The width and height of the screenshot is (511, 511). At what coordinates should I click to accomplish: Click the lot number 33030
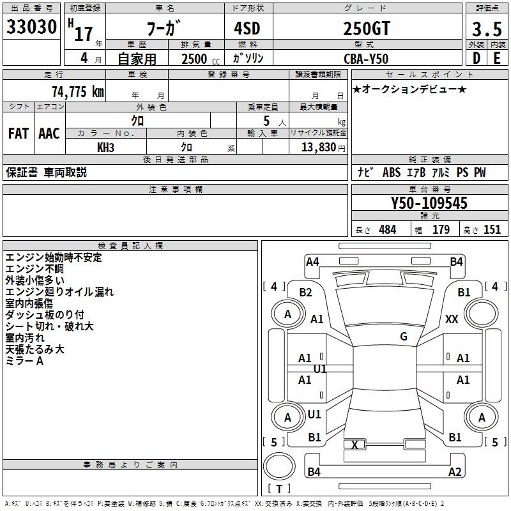coord(31,27)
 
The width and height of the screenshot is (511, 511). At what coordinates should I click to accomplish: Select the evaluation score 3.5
coord(486,29)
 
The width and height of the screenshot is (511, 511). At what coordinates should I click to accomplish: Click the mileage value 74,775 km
coord(78,91)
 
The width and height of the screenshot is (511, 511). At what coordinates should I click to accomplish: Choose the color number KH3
coord(105,147)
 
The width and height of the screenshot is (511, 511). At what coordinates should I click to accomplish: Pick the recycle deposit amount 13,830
coord(317,147)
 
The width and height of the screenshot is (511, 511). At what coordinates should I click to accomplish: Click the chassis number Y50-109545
coord(429,203)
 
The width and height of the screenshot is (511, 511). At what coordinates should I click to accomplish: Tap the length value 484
coord(387,229)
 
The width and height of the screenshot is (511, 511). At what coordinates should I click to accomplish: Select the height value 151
coord(492,229)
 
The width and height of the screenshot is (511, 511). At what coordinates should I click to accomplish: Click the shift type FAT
coord(18,133)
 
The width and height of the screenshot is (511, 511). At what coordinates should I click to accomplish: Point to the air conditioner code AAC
coord(49,133)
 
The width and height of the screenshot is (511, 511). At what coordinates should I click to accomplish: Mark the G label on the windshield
coord(404,337)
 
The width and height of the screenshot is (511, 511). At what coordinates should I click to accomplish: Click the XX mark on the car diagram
coord(452,319)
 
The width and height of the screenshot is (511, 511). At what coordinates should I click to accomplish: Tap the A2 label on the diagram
coord(455,472)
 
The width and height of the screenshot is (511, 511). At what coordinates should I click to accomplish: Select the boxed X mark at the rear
coord(355,445)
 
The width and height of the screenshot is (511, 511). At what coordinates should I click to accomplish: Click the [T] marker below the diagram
coord(279,489)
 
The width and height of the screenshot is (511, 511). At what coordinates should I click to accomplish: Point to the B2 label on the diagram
coord(306,293)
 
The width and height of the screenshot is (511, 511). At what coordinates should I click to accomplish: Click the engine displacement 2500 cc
coord(197,58)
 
